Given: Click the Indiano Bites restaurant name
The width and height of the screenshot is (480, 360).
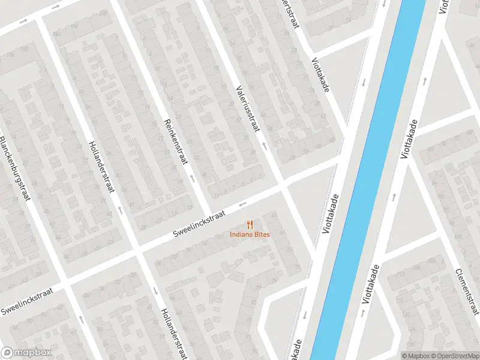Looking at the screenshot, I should pyautogui.click(x=250, y=234).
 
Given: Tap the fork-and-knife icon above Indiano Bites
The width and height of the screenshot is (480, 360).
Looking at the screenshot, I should pyautogui.click(x=250, y=224).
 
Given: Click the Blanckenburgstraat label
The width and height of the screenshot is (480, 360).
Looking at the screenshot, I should pyautogui.click(x=14, y=168).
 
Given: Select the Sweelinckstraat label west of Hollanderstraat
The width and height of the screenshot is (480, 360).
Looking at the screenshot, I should pyautogui.click(x=27, y=301).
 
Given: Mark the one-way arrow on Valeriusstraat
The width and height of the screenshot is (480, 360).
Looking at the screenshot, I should pyautogui.click(x=263, y=145).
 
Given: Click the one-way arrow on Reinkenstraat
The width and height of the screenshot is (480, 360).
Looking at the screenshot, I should pyautogui.click(x=192, y=178).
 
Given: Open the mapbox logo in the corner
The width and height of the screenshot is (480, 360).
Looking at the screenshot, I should pyautogui.click(x=26, y=353).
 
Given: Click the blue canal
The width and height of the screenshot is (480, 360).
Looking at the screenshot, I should pyautogui.click(x=372, y=180).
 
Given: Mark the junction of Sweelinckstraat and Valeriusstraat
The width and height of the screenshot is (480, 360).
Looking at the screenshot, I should pyautogui.click(x=283, y=188).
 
